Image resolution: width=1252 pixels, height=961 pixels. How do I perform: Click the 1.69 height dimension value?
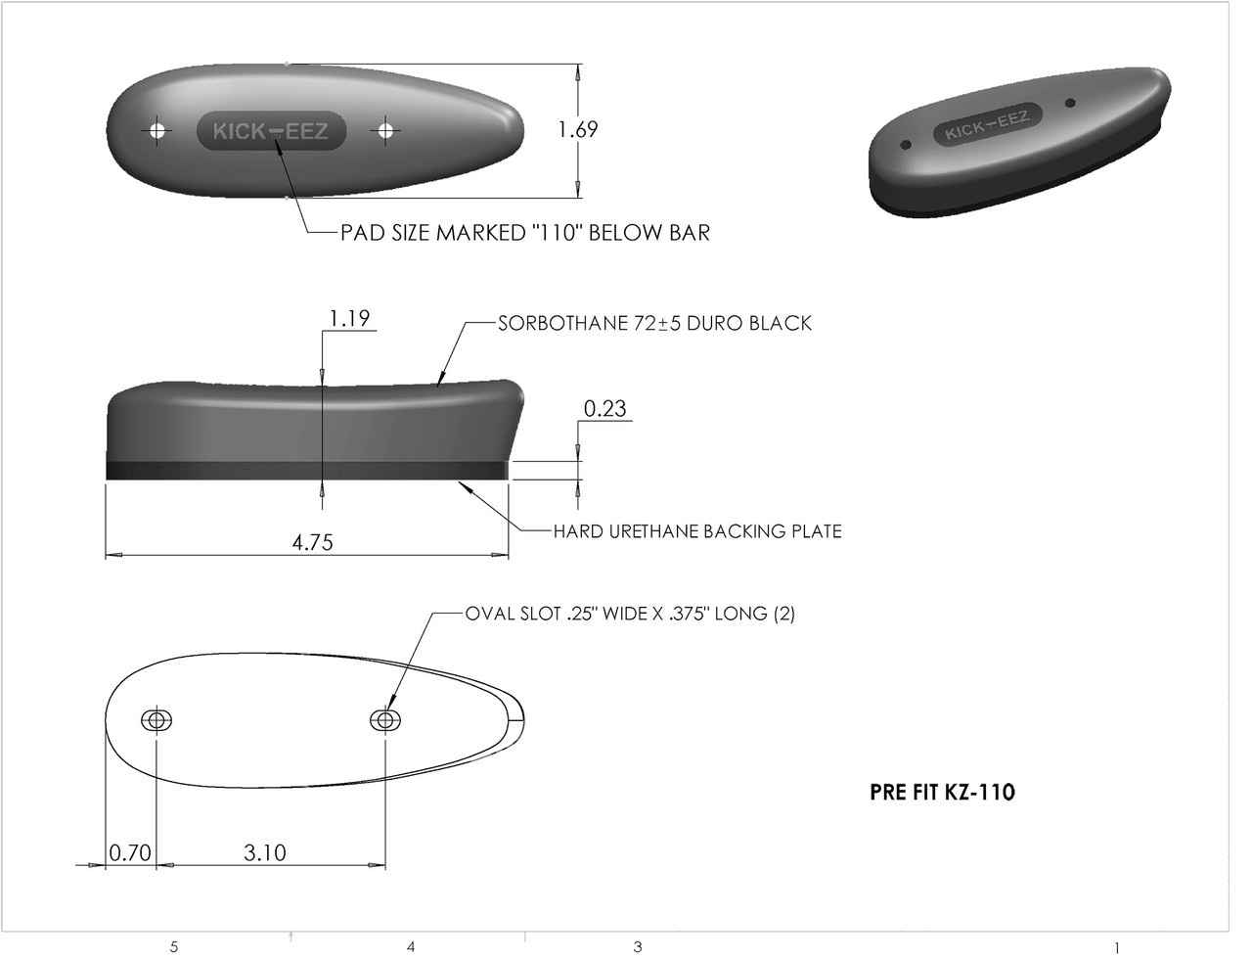[577, 129]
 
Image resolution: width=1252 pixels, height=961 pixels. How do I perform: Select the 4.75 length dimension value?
[313, 542]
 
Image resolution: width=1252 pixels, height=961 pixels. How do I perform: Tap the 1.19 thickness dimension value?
[349, 318]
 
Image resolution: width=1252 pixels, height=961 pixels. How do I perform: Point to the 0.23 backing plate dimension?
[604, 408]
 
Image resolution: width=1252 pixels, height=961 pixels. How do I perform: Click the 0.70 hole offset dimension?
[129, 852]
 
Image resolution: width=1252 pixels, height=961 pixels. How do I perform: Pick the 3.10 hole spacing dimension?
[265, 852]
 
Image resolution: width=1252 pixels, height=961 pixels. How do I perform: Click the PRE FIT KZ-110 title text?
[942, 792]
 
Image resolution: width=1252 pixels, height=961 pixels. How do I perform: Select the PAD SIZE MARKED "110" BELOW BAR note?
[524, 233]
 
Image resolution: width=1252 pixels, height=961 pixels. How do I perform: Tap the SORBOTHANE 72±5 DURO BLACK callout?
[654, 323]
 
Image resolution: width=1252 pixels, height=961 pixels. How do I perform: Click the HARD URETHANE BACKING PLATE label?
[696, 531]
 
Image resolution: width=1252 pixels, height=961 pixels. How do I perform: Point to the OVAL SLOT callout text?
[629, 615]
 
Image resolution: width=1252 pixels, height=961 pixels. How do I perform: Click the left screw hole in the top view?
[156, 130]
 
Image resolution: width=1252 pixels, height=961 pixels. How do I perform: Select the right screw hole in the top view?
[386, 130]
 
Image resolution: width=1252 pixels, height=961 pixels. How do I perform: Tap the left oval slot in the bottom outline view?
[156, 720]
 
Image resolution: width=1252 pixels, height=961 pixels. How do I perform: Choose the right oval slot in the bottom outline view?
[385, 720]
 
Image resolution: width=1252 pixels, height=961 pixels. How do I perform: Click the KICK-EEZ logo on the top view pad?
[271, 130]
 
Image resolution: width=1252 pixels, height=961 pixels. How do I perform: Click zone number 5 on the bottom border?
[174, 946]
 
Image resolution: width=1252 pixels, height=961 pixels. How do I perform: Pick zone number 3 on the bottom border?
[638, 946]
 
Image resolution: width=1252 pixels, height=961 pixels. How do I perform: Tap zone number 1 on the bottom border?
[1116, 947]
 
